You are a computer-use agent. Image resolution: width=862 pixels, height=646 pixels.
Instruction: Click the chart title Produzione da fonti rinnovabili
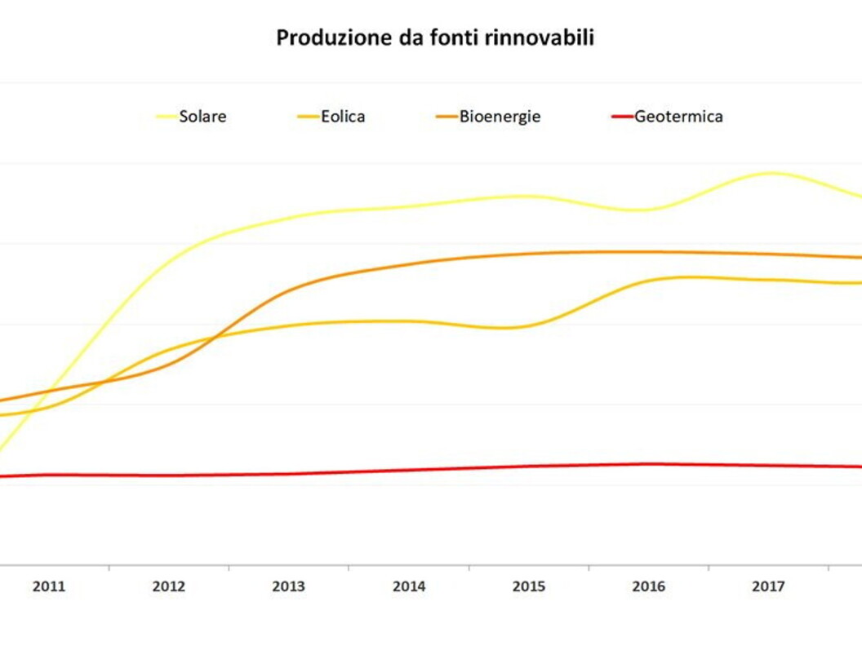434,38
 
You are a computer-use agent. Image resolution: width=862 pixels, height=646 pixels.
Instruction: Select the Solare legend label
202,117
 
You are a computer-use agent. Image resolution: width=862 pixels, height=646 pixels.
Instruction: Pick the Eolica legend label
341,117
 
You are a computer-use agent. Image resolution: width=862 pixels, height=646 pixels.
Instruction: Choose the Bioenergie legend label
500,117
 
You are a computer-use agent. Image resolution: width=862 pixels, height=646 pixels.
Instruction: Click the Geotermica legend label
678,117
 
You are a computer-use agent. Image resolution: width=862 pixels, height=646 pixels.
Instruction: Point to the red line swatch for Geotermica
622,117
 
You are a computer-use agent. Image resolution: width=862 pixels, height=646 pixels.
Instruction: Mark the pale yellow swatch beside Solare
167,117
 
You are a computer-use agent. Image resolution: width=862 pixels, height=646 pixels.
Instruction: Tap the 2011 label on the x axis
49,586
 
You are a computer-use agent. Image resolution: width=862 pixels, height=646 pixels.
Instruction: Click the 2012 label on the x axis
168,586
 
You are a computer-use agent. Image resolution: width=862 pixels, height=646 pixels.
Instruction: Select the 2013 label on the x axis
288,586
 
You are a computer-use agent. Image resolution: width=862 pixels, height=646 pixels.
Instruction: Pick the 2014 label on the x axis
408,586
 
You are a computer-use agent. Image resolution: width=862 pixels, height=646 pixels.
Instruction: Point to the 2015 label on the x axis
528,586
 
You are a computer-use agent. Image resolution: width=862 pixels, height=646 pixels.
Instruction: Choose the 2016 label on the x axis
648,586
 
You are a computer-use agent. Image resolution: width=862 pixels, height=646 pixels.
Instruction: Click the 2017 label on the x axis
768,586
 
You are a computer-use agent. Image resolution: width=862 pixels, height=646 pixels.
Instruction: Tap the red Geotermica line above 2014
408,470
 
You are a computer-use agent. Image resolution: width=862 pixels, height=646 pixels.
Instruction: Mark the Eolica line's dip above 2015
510,327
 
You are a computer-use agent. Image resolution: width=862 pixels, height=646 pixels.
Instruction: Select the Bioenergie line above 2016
648,252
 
